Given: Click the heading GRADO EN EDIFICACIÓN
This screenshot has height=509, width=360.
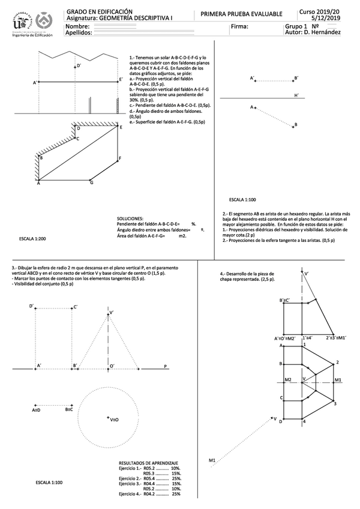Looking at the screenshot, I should [91, 11].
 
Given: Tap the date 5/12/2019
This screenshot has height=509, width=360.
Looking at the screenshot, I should [326, 18].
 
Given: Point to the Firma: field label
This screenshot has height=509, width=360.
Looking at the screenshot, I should [238, 27].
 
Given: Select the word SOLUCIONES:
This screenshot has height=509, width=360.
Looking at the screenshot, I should [130, 219].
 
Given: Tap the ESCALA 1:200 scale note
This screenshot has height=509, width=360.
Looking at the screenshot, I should [32, 239].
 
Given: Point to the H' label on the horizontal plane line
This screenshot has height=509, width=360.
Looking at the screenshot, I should [296, 95].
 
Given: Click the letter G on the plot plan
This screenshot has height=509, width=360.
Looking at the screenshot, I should [92, 182].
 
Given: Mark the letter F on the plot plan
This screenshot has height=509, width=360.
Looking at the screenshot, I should [120, 158].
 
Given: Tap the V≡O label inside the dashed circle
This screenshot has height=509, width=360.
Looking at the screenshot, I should [113, 420].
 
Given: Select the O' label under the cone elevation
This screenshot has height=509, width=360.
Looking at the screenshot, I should [112, 365].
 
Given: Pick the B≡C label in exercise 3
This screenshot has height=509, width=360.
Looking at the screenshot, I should [69, 409].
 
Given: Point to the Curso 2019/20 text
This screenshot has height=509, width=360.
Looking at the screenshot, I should [326, 11].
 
